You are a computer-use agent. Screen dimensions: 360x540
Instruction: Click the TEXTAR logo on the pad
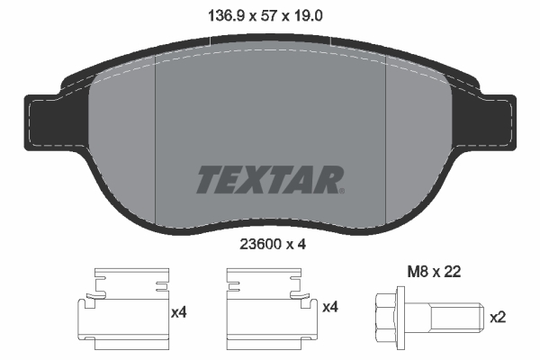269,180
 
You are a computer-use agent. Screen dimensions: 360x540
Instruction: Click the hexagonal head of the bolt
386,317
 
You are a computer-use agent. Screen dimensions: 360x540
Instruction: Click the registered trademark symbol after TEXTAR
341,190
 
